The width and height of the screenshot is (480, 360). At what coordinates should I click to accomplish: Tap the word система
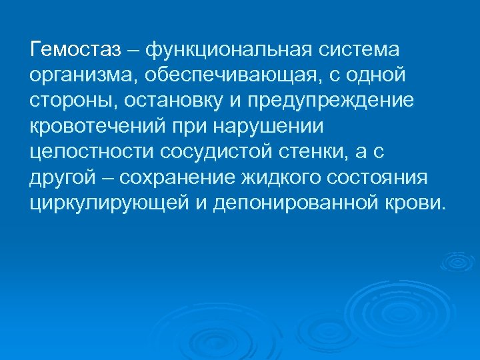tap(359, 50)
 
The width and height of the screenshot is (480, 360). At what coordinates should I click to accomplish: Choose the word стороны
tap(69, 101)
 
